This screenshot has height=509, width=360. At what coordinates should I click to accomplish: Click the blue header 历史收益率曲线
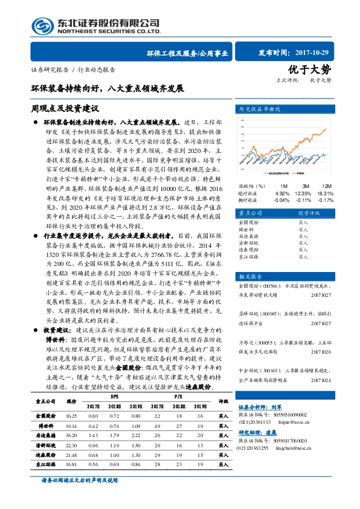[260, 109]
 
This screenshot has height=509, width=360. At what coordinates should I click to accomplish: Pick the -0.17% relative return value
[326, 199]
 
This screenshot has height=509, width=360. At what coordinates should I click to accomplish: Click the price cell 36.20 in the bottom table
[71, 434]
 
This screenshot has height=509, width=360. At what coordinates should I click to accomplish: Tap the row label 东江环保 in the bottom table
[46, 464]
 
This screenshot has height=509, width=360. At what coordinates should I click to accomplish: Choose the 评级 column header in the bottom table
[223, 400]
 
